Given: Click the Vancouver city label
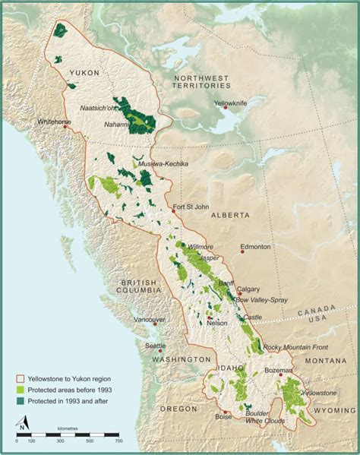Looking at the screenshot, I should click(150, 320).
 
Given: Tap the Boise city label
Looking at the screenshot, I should click(223, 417).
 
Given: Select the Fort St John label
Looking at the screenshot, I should click(190, 207).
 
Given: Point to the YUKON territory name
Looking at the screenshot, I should click(84, 73).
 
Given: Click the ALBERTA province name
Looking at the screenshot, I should click(229, 215).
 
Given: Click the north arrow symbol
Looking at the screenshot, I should click(24, 422).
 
